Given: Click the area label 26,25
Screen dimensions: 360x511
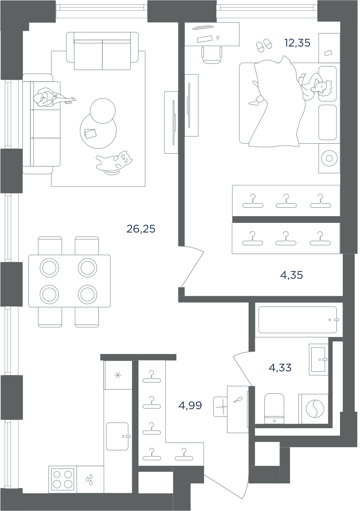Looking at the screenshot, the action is click(x=141, y=229).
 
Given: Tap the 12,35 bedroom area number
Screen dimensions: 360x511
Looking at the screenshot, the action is click(x=297, y=43).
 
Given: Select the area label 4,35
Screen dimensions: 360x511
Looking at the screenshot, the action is click(x=291, y=275).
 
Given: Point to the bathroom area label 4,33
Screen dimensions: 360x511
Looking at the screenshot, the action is click(x=280, y=368).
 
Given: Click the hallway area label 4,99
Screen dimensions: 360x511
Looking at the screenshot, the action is click(x=190, y=405).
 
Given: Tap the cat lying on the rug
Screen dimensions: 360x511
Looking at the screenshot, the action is click(x=114, y=162).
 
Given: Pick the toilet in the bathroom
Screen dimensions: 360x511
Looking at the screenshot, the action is click(x=274, y=409).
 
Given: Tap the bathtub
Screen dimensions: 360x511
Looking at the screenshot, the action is click(x=298, y=320).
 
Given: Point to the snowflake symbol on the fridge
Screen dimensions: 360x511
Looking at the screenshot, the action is click(x=118, y=375).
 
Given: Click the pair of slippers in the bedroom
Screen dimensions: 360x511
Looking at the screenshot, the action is click(x=264, y=45).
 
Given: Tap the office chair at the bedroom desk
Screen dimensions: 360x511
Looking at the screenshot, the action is click(x=212, y=55).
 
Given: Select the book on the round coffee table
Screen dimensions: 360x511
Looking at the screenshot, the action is click(x=90, y=134).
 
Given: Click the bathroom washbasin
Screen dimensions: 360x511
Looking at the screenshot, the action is click(x=318, y=359).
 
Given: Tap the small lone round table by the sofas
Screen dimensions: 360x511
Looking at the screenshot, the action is click(x=102, y=111).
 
